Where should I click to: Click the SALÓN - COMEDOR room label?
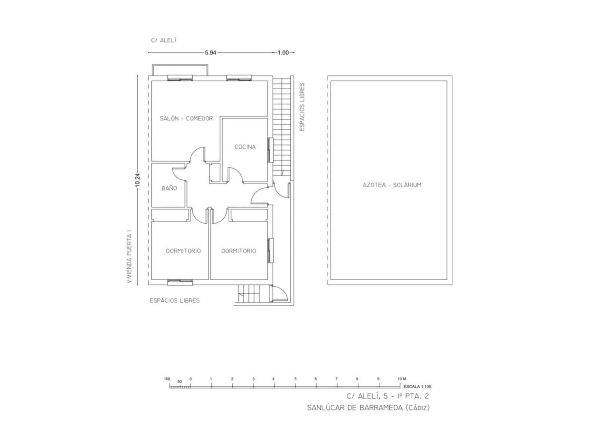pyautogui.click(x=186, y=119)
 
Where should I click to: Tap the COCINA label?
pyautogui.click(x=245, y=147)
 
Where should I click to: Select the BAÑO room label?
pyautogui.click(x=169, y=188)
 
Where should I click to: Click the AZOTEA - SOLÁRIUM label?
pyautogui.click(x=392, y=185)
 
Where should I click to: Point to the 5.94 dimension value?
pyautogui.click(x=210, y=53)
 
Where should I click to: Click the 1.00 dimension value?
pyautogui.click(x=283, y=53)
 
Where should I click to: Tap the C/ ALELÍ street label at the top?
pyautogui.click(x=164, y=40)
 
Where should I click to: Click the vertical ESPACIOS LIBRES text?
pyautogui.click(x=302, y=107)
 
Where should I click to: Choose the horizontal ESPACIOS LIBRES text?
pyautogui.click(x=175, y=301)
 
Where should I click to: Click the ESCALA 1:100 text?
pyautogui.click(x=418, y=387)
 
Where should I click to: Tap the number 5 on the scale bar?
pyautogui.click(x=295, y=379)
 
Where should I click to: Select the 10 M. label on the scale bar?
pyautogui.click(x=402, y=379)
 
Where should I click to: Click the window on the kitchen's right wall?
pyautogui.click(x=271, y=150)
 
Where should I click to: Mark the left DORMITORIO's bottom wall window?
pyautogui.click(x=180, y=282)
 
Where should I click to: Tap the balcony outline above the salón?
pyautogui.click(x=180, y=64)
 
